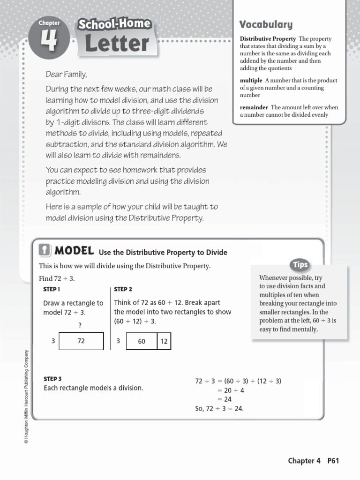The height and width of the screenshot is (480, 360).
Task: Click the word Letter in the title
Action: pyautogui.click(x=117, y=44)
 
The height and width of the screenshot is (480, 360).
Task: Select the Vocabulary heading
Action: pyautogui.click(x=266, y=24)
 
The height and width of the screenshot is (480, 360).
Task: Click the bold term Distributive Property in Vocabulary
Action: pyautogui.click(x=268, y=38)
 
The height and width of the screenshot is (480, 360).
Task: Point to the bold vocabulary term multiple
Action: pyautogui.click(x=251, y=80)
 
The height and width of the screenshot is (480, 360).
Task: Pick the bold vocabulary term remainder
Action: pyautogui.click(x=254, y=107)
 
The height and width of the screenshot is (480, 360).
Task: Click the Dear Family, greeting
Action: pyautogui.click(x=66, y=75)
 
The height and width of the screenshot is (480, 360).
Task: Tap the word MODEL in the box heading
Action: pyautogui.click(x=75, y=251)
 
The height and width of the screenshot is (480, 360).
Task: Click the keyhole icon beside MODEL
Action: pyautogui.click(x=44, y=251)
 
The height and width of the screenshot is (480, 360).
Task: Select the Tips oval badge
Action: pyautogui.click(x=300, y=265)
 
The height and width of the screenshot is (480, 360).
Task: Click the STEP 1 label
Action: pyautogui.click(x=52, y=289)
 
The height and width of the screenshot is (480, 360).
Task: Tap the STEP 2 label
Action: pyautogui.click(x=123, y=289)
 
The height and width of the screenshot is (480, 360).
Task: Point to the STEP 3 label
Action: pyautogui.click(x=52, y=378)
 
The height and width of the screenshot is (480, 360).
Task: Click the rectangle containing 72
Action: pyautogui.click(x=81, y=341)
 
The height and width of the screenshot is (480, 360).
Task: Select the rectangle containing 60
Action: pyautogui.click(x=142, y=342)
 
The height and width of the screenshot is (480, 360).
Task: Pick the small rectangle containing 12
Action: pyautogui.click(x=164, y=342)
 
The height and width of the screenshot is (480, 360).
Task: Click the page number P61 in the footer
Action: pyautogui.click(x=333, y=461)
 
